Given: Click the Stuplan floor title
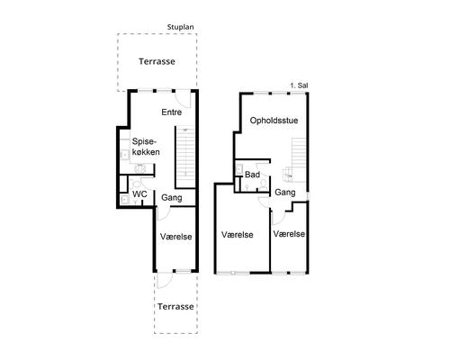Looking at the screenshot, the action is click(x=180, y=27).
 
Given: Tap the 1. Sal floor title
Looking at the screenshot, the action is click(x=299, y=85).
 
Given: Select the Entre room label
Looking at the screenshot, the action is click(x=172, y=112).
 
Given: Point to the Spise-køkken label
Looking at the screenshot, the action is click(x=146, y=147).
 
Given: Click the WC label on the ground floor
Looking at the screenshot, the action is click(x=139, y=194).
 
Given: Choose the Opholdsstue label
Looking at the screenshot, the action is click(x=274, y=121).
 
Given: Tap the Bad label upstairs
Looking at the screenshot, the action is click(x=252, y=175).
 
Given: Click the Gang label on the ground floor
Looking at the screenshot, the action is click(x=172, y=198).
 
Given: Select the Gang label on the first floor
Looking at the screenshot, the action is click(x=285, y=193).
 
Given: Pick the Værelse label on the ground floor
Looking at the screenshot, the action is click(x=175, y=237).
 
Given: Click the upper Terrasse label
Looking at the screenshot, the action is click(x=157, y=61).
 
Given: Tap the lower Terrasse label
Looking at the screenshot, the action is click(x=175, y=307).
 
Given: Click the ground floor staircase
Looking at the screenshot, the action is click(x=185, y=157).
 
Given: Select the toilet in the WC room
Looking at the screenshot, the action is click(x=137, y=184).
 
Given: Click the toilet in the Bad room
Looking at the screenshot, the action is click(x=264, y=184).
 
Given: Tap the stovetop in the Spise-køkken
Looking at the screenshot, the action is click(x=140, y=168).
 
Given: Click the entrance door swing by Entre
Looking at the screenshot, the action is click(x=183, y=99).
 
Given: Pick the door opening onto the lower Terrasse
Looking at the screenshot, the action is click(x=165, y=280).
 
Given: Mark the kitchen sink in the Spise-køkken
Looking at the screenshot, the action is click(x=124, y=155).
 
